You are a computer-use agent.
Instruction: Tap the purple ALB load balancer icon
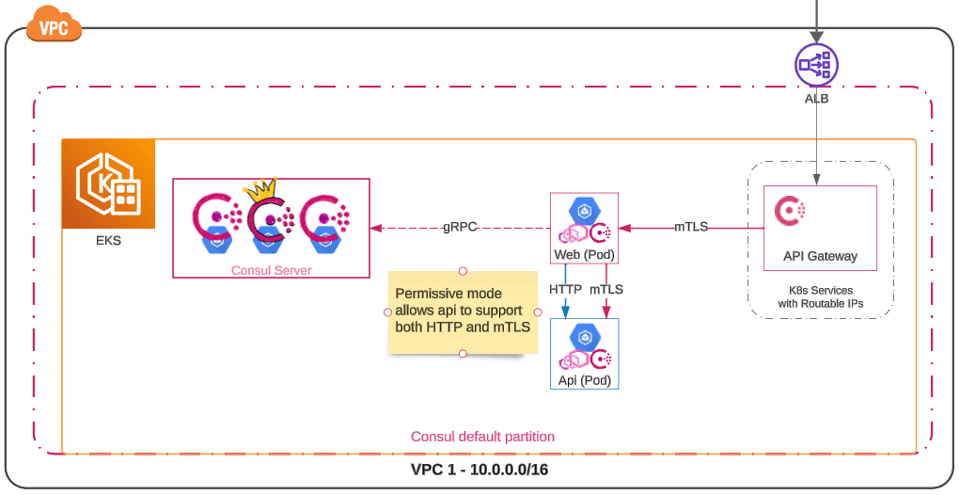click(815, 65)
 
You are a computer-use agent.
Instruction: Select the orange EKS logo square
click(108, 184)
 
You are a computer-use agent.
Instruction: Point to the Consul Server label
click(271, 270)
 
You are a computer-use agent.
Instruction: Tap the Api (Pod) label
click(584, 380)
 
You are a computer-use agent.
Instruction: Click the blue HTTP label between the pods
click(565, 289)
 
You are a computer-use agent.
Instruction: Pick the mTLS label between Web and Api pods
click(606, 289)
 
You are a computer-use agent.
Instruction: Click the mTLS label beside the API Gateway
click(691, 227)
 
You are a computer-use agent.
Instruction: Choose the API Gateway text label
click(820, 256)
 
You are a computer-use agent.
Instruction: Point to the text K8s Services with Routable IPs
click(821, 296)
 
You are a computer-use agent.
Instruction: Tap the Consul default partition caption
click(482, 437)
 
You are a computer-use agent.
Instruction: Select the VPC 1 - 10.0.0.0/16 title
click(479, 470)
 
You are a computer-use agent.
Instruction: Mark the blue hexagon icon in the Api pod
click(584, 336)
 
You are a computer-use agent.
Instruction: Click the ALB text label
click(816, 98)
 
